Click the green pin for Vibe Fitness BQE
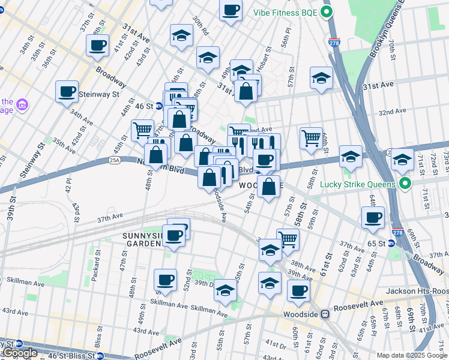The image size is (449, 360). tap(327, 12)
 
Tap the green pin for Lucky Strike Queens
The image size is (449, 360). tap(405, 184)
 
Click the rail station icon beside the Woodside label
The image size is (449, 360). tap(325, 314)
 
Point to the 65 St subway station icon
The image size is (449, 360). tap(391, 243)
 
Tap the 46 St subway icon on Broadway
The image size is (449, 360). tap(158, 106)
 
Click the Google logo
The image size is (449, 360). tap(20, 353)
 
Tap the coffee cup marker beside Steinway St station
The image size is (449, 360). tap(67, 92)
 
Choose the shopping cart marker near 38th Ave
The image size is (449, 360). tap(288, 239)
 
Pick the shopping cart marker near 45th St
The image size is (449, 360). tap(142, 130)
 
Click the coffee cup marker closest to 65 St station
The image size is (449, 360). tap(373, 217)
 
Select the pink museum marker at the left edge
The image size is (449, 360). tap(23, 106)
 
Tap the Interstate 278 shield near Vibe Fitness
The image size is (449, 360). tap(334, 43)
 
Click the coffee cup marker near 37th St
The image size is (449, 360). tap(97, 46)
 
